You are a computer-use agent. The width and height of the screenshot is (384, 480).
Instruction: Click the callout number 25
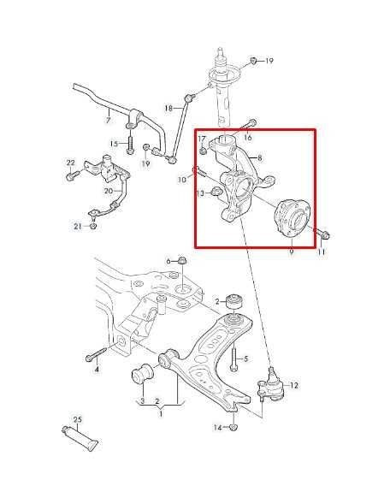(x=78, y=419)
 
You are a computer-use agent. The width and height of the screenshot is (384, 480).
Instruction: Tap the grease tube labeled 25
(x=80, y=438)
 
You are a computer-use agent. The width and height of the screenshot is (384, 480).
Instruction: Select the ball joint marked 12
(x=270, y=387)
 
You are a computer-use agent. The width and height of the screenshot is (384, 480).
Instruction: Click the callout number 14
(x=217, y=427)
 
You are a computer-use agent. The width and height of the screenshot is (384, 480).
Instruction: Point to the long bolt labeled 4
(x=96, y=353)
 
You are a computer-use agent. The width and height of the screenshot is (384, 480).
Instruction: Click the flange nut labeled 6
(x=182, y=261)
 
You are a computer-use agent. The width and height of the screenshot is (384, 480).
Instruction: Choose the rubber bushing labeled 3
(x=142, y=373)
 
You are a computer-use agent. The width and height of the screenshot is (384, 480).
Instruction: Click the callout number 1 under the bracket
(x=161, y=414)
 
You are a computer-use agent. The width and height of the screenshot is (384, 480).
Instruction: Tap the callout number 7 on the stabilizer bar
(x=108, y=120)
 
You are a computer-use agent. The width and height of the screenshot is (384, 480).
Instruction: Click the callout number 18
(x=168, y=108)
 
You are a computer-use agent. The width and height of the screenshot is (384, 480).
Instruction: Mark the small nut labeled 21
(x=93, y=225)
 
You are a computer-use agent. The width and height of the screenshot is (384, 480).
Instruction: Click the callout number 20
(x=109, y=191)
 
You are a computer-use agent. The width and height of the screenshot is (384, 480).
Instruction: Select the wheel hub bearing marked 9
(x=292, y=218)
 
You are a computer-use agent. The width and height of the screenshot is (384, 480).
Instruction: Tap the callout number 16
(x=248, y=138)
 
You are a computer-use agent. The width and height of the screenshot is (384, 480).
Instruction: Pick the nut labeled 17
(x=202, y=151)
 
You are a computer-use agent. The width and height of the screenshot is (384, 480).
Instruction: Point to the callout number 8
(x=260, y=158)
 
